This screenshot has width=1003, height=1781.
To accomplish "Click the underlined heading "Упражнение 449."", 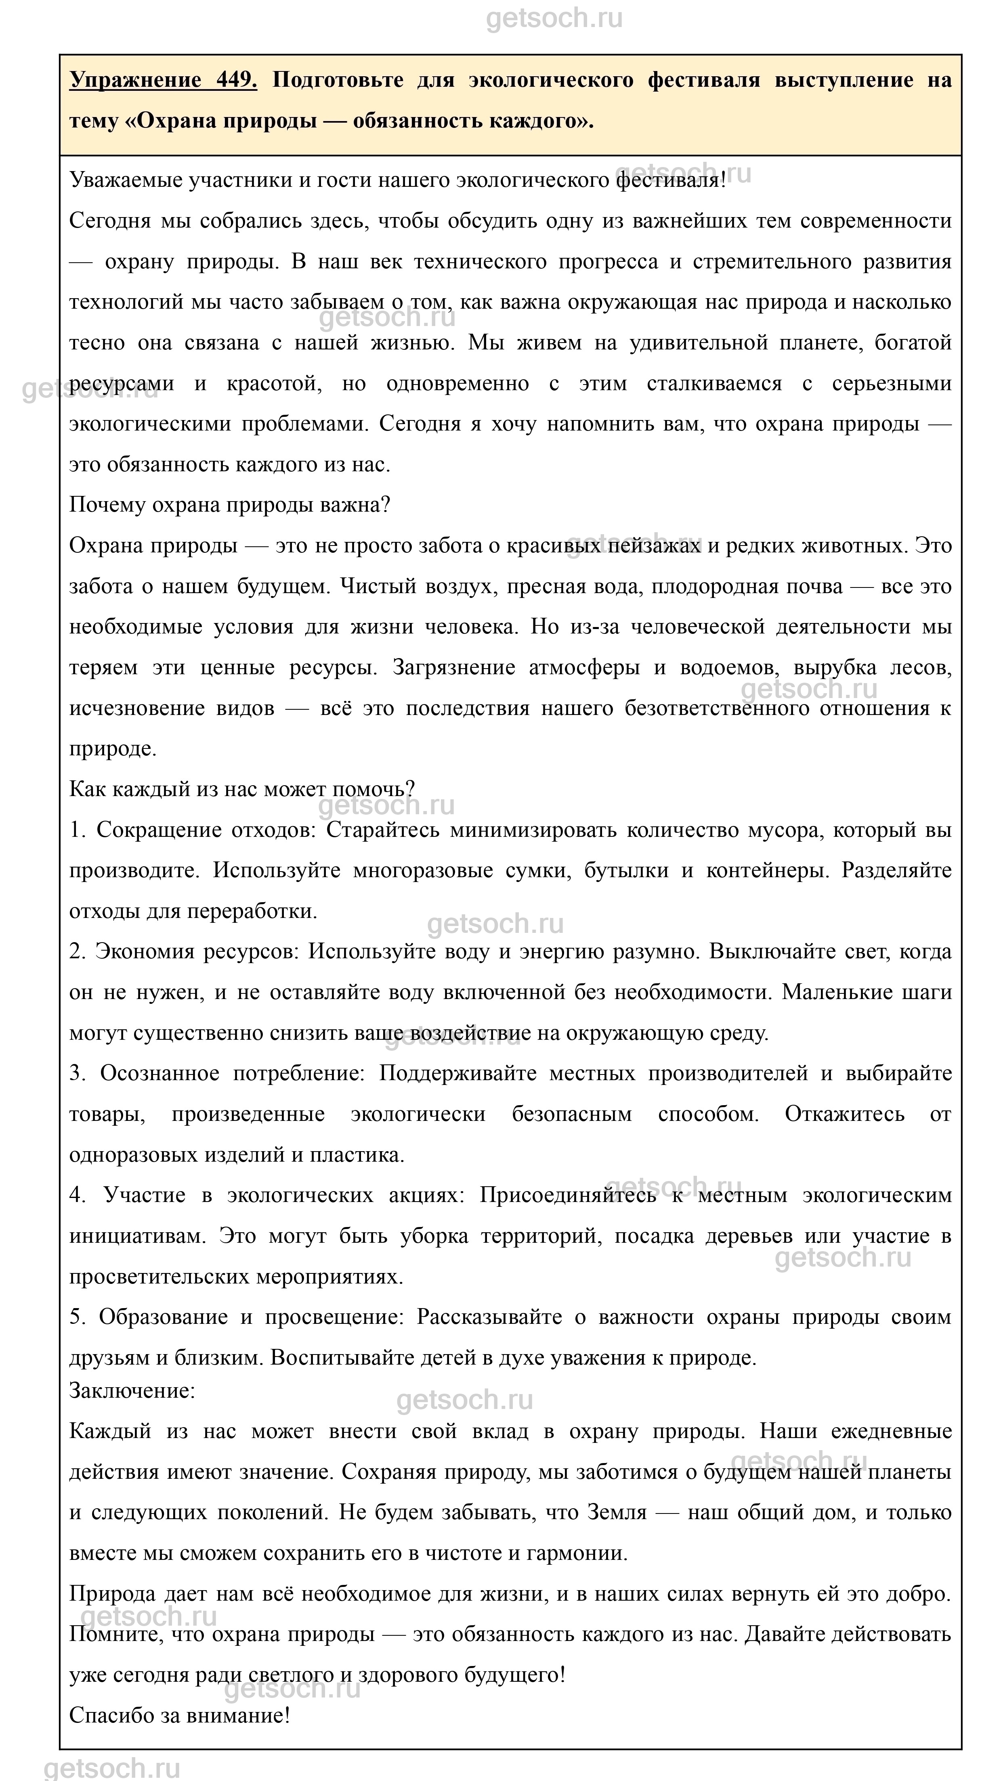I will (x=163, y=80).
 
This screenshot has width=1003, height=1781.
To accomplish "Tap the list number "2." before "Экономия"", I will (x=78, y=952).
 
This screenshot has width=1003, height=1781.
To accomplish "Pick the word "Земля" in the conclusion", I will (x=616, y=1513).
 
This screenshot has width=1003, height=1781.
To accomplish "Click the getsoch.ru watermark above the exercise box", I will (x=554, y=19).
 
